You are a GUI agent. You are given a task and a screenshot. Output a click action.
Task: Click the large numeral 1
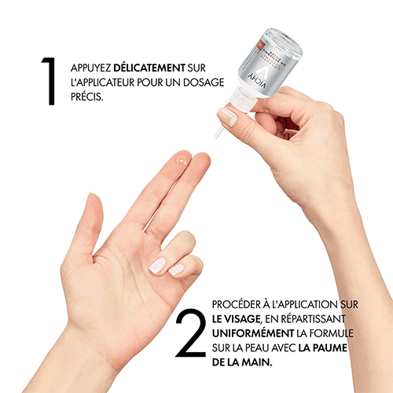(x=50, y=81)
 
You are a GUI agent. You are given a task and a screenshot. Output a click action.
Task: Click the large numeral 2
(x=190, y=332)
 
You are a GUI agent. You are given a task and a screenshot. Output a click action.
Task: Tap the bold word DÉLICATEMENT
(x=149, y=68)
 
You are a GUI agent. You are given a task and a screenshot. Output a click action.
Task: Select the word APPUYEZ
(x=90, y=68)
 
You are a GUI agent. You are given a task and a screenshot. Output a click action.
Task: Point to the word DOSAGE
(x=204, y=83)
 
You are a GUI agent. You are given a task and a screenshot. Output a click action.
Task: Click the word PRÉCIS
(x=87, y=97)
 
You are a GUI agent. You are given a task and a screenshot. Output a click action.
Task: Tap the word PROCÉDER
(x=234, y=304)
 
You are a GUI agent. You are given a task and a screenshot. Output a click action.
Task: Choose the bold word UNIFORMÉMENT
(x=253, y=333)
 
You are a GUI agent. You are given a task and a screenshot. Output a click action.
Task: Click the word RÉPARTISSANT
(x=313, y=319)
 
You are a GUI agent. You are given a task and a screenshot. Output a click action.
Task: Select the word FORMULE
(x=332, y=333)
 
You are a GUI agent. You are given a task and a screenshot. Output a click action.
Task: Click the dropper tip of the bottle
(x=218, y=134)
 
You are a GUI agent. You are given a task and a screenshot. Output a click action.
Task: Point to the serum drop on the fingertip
(x=182, y=160)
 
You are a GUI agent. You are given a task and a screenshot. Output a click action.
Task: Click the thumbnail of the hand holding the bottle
(x=227, y=117)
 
